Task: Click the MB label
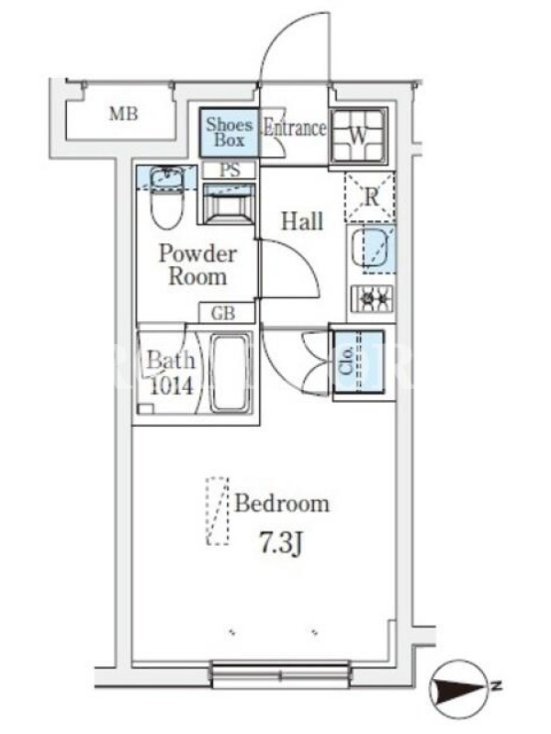tap(124, 114)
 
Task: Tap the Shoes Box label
tap(229, 132)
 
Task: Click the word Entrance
tap(294, 128)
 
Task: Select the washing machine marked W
tap(358, 135)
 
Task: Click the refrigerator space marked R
tap(370, 196)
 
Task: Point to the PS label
tap(230, 170)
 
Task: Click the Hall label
tap(302, 221)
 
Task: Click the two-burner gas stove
tap(373, 298)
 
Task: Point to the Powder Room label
tap(197, 265)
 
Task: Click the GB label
tap(223, 314)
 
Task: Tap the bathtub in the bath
tap(230, 373)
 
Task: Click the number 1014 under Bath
tap(171, 385)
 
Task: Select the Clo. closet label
tap(347, 361)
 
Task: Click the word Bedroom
tap(282, 504)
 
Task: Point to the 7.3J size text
tap(280, 543)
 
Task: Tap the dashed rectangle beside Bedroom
tap(218, 511)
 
